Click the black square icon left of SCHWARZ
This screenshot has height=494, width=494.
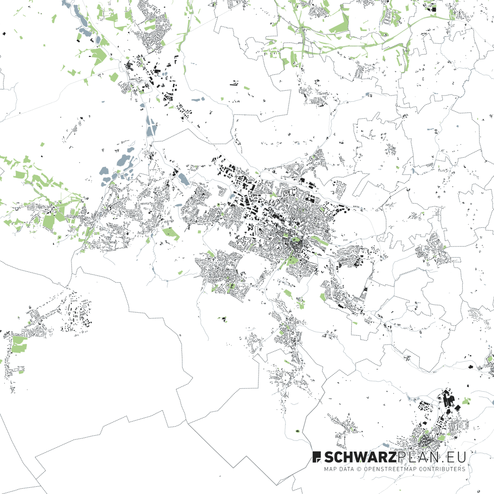pyautogui.click(x=317, y=456)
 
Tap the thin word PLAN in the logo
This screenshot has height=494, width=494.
pyautogui.click(x=417, y=457)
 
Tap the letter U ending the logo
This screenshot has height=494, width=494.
pyautogui.click(x=461, y=457)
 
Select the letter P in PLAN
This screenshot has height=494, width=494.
pyautogui.click(x=402, y=457)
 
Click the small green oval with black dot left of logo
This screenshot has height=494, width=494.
pyautogui.click(x=297, y=431)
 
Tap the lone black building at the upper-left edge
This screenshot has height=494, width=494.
pyautogui.click(x=4, y=34)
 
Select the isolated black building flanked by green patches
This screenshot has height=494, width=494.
pyautogui.click(x=224, y=318)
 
